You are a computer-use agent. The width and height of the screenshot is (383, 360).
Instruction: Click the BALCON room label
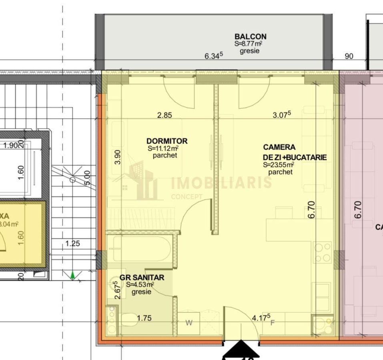click(x=251, y=36)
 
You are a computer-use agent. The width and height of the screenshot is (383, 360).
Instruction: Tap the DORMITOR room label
click(x=167, y=141)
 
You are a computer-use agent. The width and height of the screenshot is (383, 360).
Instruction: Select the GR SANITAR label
click(x=142, y=277)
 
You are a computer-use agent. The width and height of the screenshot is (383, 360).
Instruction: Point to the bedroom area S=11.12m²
click(x=163, y=148)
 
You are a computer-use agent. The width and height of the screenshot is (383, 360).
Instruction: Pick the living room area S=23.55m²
click(x=279, y=164)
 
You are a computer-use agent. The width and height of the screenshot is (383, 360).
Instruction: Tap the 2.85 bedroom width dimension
click(x=164, y=116)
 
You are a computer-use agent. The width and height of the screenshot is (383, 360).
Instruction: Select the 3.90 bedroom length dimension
click(x=117, y=157)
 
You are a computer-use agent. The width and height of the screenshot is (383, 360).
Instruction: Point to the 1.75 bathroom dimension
click(x=144, y=318)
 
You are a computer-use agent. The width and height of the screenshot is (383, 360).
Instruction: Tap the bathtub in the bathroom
click(x=140, y=249)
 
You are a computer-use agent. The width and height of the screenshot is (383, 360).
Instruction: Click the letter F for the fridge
click(x=273, y=323)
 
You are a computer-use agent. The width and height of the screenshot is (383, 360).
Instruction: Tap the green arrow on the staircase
click(x=72, y=275)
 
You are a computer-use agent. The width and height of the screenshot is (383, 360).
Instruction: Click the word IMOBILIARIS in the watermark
click(x=221, y=183)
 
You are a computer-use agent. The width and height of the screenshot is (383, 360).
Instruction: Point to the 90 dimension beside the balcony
click(x=349, y=56)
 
